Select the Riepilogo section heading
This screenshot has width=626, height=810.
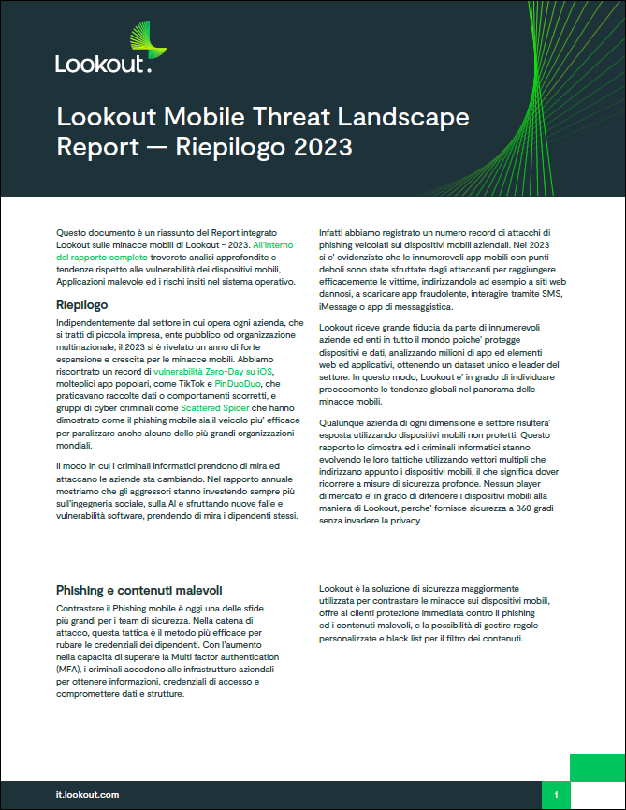(x=82, y=305)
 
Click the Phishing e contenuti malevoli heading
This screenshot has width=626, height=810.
(x=139, y=590)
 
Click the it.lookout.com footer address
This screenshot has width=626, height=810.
(x=87, y=794)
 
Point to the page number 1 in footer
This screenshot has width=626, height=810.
(x=556, y=794)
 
